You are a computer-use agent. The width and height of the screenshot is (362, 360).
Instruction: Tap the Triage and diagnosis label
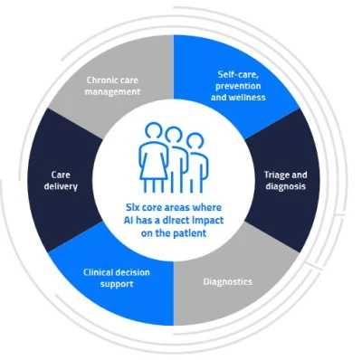click(x=290, y=179)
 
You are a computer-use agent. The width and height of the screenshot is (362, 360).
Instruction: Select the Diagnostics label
click(x=227, y=280)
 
